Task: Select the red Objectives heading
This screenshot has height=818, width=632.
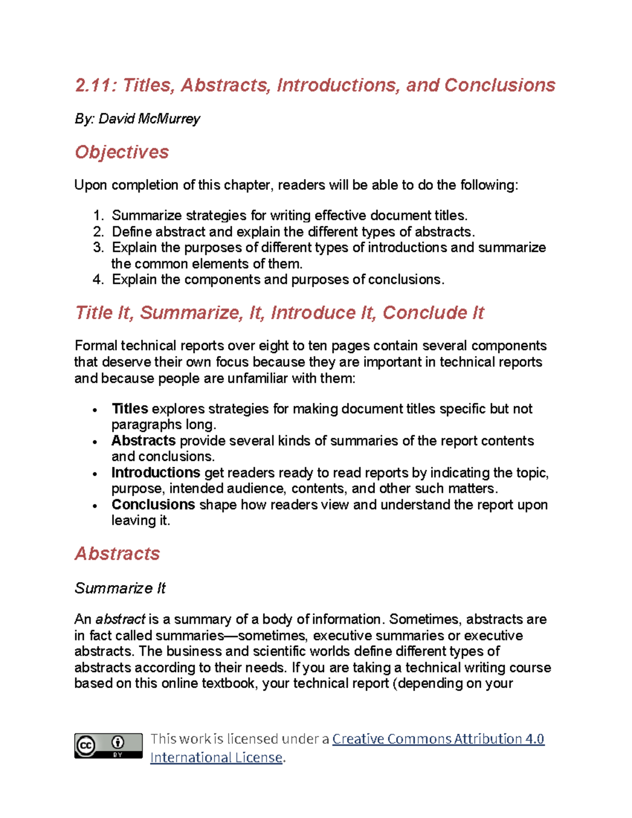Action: (122, 152)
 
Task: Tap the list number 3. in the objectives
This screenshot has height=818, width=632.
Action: (98, 248)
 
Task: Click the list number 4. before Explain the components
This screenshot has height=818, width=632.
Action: (98, 280)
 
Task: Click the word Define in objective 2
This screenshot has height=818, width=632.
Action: (131, 232)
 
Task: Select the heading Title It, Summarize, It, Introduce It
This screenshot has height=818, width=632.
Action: (279, 313)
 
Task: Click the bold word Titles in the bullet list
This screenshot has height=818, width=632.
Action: (130, 409)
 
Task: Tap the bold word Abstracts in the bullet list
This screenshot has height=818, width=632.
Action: (143, 441)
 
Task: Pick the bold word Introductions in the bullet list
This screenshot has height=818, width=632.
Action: (155, 472)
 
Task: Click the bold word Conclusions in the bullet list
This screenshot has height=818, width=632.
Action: (153, 505)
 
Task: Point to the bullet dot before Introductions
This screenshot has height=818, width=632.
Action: (95, 474)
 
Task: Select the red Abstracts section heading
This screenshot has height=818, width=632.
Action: (117, 554)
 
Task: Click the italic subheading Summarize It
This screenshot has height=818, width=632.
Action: (120, 588)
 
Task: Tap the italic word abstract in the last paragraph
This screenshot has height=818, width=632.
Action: (120, 619)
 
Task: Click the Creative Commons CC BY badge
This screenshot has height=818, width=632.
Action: (108, 745)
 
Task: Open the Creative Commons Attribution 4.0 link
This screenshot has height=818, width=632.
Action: (438, 739)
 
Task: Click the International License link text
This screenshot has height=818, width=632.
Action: (216, 757)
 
